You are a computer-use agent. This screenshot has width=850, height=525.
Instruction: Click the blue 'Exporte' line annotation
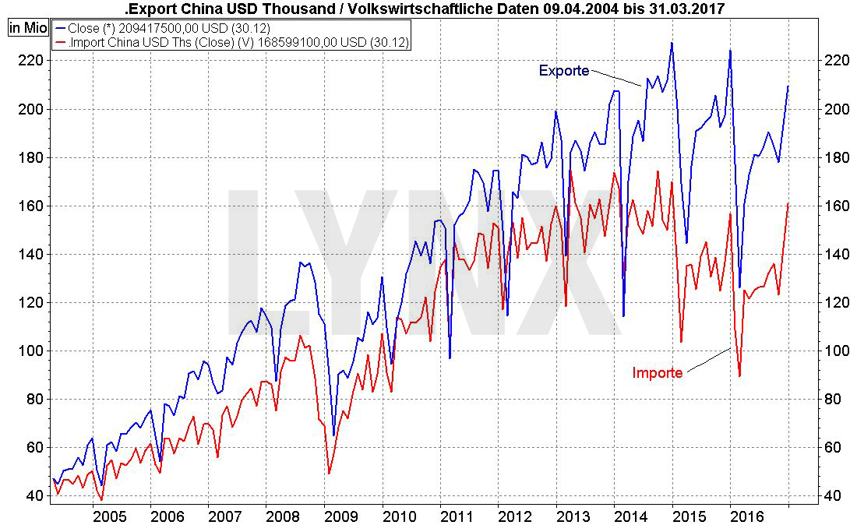[x=563, y=71]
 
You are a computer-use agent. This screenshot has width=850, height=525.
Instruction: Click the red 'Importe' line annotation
[x=657, y=373]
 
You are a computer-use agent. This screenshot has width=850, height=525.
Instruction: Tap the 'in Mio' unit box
[x=28, y=27]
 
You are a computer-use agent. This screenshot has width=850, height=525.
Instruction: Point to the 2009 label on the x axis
[x=340, y=516]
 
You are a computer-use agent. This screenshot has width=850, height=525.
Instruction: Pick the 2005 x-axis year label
[x=109, y=516]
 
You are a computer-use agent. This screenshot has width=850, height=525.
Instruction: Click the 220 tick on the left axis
[x=27, y=61]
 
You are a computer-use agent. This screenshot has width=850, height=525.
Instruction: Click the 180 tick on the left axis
[x=27, y=157]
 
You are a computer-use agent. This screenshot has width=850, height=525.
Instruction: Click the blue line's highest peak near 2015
[x=672, y=43]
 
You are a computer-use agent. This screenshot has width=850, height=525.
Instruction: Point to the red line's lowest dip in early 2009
[x=329, y=473]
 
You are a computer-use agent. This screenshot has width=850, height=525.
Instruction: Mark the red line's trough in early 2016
[x=739, y=376]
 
